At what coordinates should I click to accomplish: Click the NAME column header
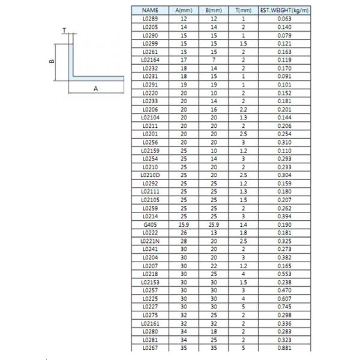click(150, 11)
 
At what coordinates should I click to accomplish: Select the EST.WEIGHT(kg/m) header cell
click(284, 11)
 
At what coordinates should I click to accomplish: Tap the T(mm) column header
click(244, 11)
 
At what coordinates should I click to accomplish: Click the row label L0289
click(150, 19)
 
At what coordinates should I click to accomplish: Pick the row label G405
click(150, 224)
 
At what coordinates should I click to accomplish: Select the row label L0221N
click(150, 240)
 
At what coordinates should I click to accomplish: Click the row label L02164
click(150, 60)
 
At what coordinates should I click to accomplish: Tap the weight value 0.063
click(284, 19)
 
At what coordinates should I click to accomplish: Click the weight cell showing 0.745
click(284, 305)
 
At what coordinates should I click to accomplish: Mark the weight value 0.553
click(284, 272)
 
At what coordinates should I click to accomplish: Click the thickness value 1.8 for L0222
click(244, 232)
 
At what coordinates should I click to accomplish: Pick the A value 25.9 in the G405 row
click(181, 224)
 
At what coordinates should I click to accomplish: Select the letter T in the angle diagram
click(64, 30)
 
